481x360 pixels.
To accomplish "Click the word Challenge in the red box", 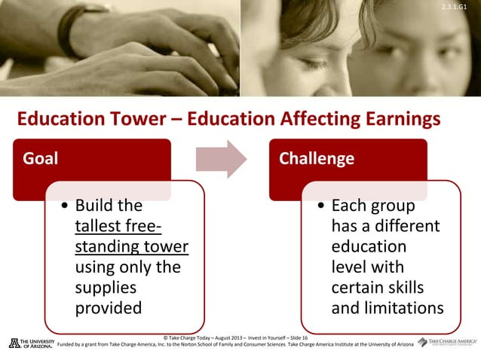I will pyautogui.click(x=316, y=159).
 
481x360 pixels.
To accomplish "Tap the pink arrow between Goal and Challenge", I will pyautogui.click(x=221, y=159).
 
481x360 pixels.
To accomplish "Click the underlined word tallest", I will pyautogui.click(x=103, y=226).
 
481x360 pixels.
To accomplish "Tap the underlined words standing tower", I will pyautogui.click(x=131, y=246).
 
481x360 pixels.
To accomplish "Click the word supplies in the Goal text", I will pyautogui.click(x=106, y=287).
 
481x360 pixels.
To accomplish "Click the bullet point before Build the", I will pyautogui.click(x=66, y=206).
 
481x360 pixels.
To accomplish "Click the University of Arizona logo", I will pyautogui.click(x=31, y=343).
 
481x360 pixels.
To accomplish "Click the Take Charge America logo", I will pyautogui.click(x=447, y=342).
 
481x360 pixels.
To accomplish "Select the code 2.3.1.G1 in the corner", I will pyautogui.click(x=462, y=7).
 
